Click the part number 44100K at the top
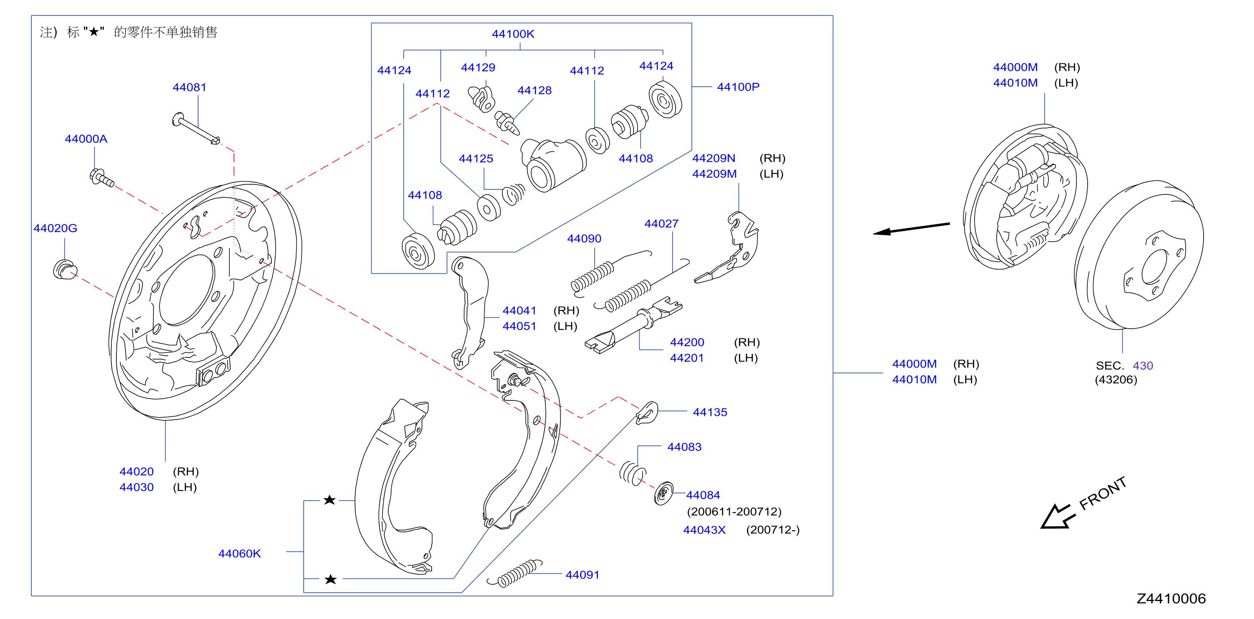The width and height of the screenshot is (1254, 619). click(x=513, y=34)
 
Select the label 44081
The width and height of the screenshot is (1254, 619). click(x=189, y=87)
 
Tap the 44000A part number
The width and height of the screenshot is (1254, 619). click(x=86, y=139)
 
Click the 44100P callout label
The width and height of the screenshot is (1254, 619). click(x=738, y=87)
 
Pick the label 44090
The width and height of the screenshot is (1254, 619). click(x=584, y=239)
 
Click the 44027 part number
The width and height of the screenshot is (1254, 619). click(x=661, y=224)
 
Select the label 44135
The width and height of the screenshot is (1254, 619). click(x=710, y=412)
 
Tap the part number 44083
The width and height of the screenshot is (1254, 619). click(x=684, y=447)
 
